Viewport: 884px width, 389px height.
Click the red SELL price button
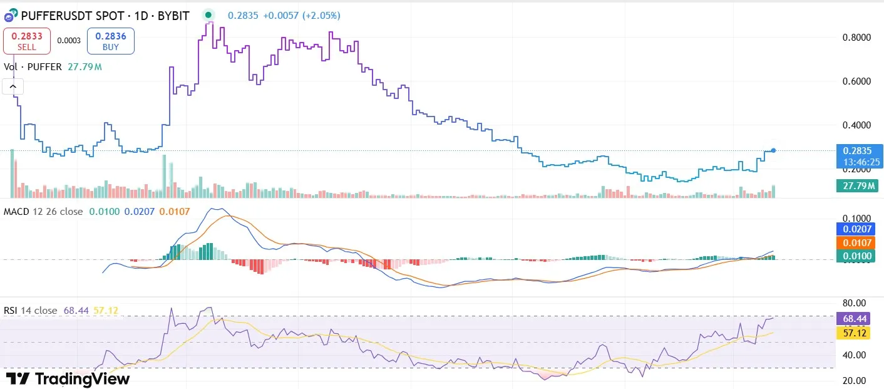(27, 41)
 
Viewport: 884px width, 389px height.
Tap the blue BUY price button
(110, 41)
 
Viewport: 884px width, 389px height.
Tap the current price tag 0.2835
(858, 150)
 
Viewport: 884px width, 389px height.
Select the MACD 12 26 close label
(43, 212)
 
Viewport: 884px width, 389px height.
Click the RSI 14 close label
(30, 310)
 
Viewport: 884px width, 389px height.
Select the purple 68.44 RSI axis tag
(854, 319)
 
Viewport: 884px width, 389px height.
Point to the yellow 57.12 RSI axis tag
(854, 333)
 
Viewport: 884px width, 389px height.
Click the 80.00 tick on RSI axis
(854, 303)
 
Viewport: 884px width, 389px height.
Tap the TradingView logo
(68, 379)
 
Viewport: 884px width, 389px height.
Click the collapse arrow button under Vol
(14, 86)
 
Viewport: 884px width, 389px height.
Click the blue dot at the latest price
(774, 150)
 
